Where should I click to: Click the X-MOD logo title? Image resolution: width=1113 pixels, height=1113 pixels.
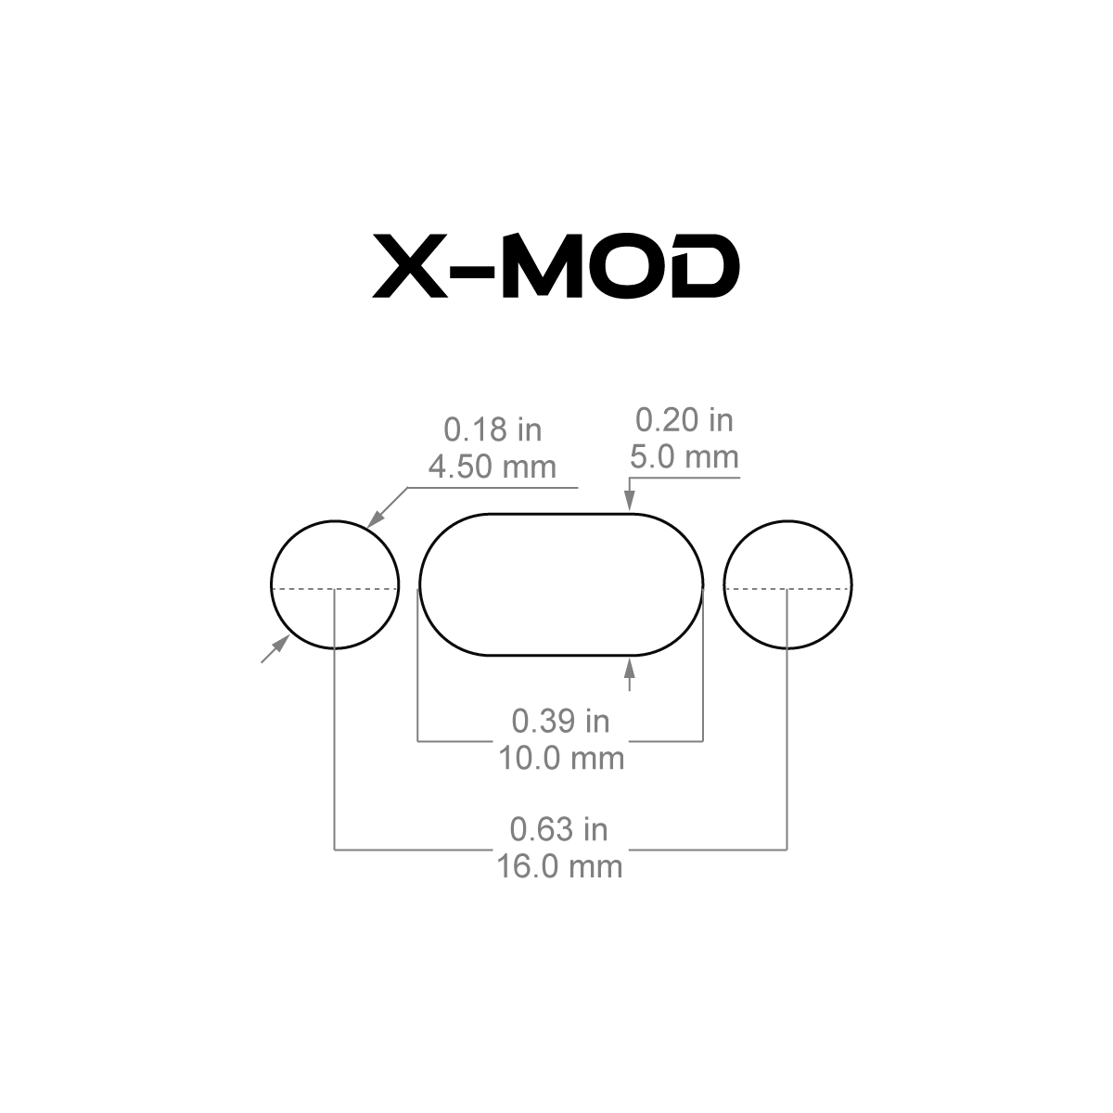[x=556, y=265]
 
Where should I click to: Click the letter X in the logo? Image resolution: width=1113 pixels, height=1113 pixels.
[x=410, y=265]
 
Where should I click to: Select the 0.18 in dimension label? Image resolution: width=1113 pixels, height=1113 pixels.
[x=493, y=429]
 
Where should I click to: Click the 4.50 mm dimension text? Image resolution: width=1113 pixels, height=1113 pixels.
[x=493, y=467]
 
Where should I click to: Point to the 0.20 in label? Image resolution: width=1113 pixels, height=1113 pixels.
[x=684, y=420]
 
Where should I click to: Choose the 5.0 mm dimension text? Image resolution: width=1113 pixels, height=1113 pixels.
[x=684, y=457]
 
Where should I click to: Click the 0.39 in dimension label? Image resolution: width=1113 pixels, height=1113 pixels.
[x=561, y=722]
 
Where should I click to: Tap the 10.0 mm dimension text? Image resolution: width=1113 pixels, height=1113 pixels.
[x=561, y=759]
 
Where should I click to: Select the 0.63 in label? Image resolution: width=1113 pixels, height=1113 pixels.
[x=559, y=830]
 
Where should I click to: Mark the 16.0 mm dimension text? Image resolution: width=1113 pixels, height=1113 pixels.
[x=559, y=867]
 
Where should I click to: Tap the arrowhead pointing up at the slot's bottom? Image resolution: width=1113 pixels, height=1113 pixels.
[x=630, y=668]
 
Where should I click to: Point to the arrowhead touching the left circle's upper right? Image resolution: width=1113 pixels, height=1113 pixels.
[x=376, y=518]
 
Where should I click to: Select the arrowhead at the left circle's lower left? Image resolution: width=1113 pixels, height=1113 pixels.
[x=281, y=643]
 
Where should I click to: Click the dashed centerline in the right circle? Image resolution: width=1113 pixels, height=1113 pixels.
[x=787, y=589]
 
